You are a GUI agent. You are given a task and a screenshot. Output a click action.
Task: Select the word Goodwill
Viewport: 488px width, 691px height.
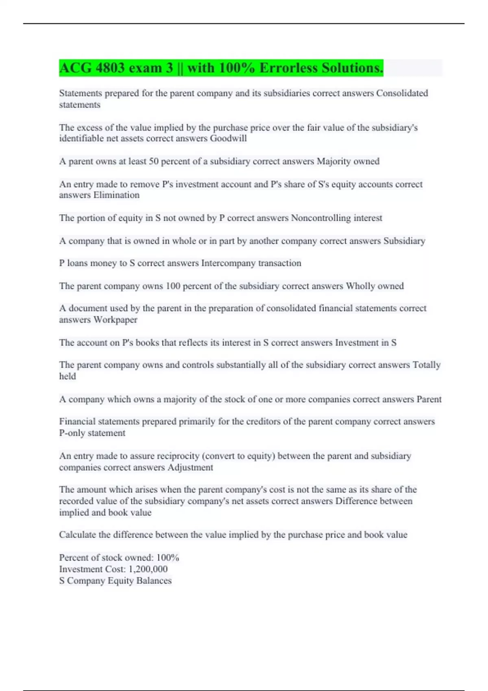click(x=228, y=139)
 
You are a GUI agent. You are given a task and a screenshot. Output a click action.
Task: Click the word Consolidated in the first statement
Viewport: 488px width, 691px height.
click(x=402, y=93)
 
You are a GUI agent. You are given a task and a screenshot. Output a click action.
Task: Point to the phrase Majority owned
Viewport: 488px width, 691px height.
click(x=348, y=161)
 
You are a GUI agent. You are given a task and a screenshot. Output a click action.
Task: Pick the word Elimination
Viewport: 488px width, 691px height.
click(x=116, y=195)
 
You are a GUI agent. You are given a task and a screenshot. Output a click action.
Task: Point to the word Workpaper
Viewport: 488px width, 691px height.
click(x=115, y=320)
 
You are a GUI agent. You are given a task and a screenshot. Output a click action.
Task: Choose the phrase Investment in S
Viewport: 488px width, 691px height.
click(x=366, y=343)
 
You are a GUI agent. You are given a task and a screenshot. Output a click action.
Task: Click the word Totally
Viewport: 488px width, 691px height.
click(x=427, y=365)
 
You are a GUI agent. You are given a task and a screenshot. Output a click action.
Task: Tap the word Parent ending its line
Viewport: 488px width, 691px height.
click(x=429, y=400)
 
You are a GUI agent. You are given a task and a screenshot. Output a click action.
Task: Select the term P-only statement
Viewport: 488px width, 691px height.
click(x=92, y=433)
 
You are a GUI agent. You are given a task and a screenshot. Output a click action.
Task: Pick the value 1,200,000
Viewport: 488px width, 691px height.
click(x=148, y=569)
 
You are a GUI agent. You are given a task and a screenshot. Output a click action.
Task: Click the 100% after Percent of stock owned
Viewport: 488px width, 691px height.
click(x=168, y=558)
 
